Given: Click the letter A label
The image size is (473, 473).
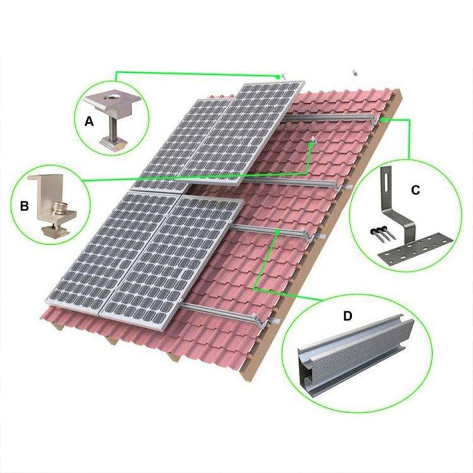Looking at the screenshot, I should (x=89, y=122).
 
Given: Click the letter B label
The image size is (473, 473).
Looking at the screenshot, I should (x=24, y=206).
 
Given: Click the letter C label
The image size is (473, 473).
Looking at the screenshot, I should (x=415, y=190).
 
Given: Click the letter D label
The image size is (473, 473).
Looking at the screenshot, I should (x=348, y=316).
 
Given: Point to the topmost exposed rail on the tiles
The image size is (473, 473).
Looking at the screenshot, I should (x=331, y=118).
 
